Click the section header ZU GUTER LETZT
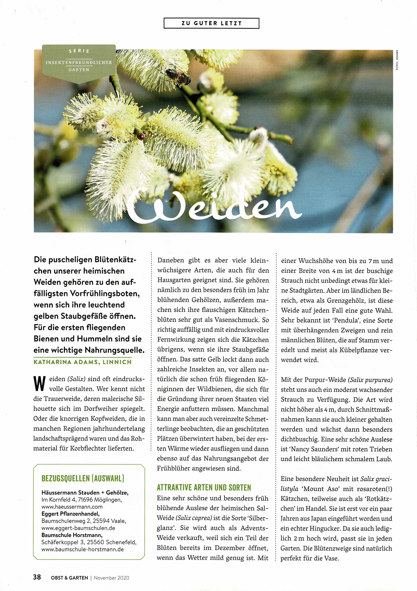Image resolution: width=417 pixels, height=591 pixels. pyautogui.click(x=211, y=23)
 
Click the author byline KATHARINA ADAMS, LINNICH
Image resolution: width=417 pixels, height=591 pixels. pyautogui.click(x=82, y=362)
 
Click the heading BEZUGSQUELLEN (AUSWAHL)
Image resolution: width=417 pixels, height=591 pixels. pyautogui.click(x=83, y=478)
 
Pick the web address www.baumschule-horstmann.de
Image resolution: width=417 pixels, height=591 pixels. pyautogui.click(x=82, y=549)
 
